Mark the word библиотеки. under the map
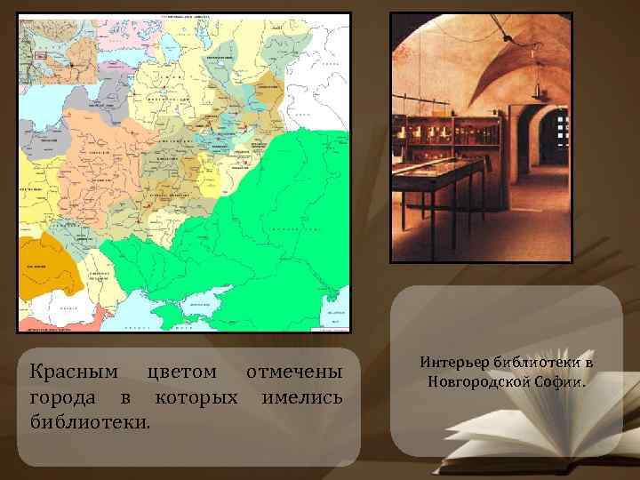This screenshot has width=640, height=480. [x=89, y=420]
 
